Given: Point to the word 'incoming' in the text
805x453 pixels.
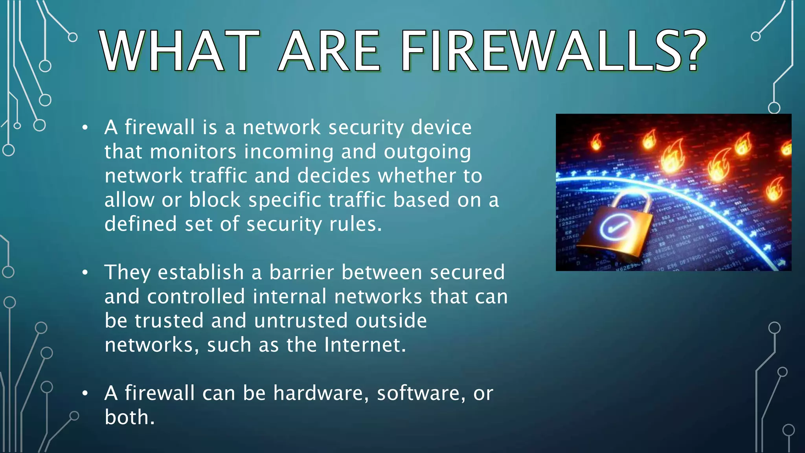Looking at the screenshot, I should click(289, 152).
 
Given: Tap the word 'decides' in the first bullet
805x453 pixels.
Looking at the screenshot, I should click(334, 176).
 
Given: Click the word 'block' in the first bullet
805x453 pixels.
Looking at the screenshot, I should click(215, 200).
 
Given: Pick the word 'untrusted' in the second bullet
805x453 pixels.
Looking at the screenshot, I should click(301, 320).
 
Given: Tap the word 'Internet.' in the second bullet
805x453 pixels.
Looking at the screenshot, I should click(365, 345).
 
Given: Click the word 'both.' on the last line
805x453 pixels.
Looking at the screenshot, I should click(130, 417).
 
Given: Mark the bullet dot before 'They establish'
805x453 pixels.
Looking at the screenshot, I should click(85, 273).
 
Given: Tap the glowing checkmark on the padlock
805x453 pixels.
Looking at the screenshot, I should click(613, 228).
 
